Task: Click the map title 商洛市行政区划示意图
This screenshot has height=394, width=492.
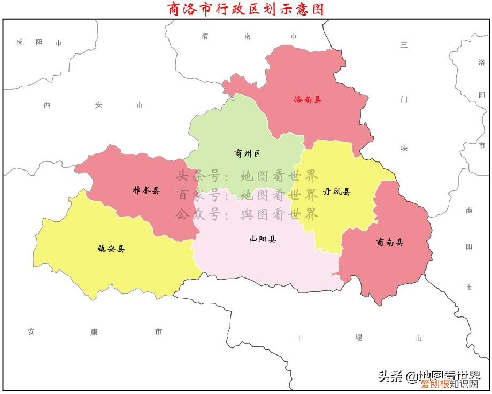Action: tap(245, 9)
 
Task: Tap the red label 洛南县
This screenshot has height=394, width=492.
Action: tap(307, 99)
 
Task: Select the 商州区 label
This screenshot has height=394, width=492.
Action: tap(247, 154)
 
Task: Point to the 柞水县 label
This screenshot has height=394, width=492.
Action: tap(146, 190)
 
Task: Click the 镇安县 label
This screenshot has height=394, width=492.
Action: tap(111, 249)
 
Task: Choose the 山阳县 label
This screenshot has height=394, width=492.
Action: tap(263, 239)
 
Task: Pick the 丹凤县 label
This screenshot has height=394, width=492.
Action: tap(337, 191)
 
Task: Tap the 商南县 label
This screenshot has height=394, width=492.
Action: tap(390, 243)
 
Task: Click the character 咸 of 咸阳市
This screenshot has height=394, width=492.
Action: tap(20, 42)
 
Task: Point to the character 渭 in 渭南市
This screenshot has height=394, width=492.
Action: tap(205, 36)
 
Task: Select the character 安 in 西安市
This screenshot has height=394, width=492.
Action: tap(98, 105)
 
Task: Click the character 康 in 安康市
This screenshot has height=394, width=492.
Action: tap(94, 332)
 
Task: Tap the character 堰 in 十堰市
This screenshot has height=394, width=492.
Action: tap(358, 338)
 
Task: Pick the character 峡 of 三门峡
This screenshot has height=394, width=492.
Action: tap(404, 148)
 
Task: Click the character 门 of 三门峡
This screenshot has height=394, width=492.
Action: tap(404, 99)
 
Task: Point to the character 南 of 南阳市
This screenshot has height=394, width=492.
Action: tap(469, 211)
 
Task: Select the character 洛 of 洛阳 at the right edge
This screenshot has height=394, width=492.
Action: tap(481, 63)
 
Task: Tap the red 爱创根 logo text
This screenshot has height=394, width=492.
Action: tap(434, 384)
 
